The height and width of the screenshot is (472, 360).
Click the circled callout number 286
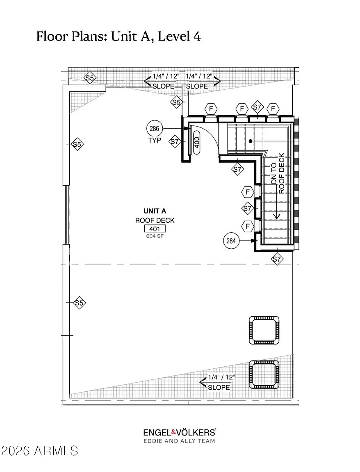[154, 129]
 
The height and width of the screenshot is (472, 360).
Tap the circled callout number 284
[231, 241]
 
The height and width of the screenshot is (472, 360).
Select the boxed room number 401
[155, 229]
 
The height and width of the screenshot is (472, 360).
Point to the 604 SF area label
[155, 236]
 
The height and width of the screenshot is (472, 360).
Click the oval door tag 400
[196, 143]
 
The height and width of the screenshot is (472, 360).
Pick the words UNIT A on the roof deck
[155, 211]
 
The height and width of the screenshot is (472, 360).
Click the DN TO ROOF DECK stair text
[278, 173]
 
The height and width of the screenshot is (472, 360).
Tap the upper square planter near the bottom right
[264, 330]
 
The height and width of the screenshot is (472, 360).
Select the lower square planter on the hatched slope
[264, 374]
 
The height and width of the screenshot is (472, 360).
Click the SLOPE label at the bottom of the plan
[219, 388]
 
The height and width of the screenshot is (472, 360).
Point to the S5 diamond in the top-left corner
[90, 78]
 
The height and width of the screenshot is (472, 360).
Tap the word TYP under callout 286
[155, 140]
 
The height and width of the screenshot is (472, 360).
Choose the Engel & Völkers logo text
[179, 433]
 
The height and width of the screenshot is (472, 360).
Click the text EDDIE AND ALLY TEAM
[179, 441]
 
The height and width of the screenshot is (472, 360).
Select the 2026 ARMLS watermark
[39, 451]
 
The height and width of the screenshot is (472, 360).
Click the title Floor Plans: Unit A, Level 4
[118, 36]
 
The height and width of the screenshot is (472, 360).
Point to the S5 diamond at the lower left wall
[79, 302]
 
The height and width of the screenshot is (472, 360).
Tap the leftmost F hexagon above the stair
[211, 109]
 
